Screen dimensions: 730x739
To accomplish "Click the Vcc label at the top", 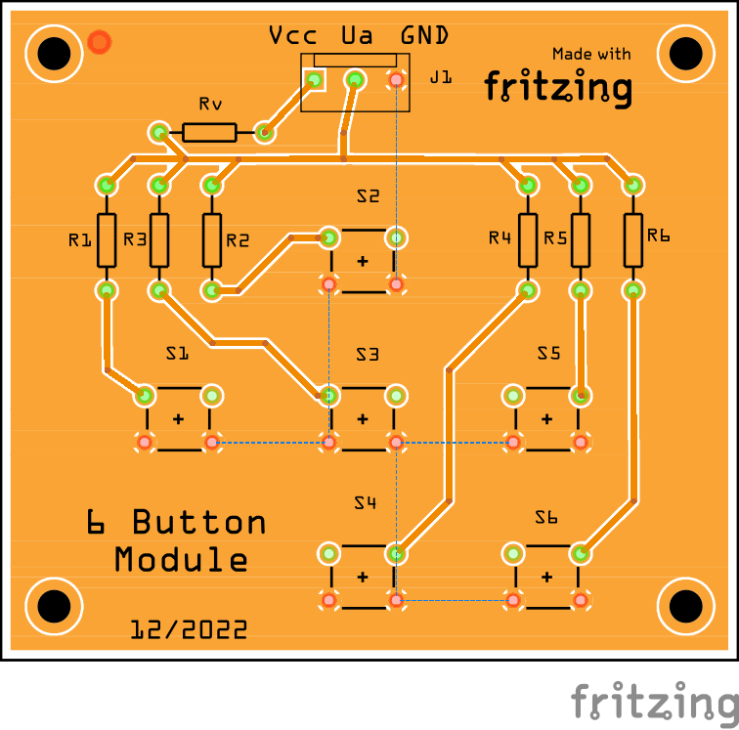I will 292,36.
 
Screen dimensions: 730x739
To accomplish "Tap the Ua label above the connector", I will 357,36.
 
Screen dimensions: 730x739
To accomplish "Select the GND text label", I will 424,36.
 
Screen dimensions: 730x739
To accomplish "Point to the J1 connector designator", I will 441,77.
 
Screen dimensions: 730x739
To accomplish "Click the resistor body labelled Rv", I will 208,132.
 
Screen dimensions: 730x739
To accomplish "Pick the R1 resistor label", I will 80,239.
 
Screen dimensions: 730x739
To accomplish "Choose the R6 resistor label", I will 658,236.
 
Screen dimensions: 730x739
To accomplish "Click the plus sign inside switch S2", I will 363,261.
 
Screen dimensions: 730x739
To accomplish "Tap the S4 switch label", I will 365,504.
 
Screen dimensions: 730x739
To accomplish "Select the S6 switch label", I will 546,518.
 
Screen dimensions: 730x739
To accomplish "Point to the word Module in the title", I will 181,560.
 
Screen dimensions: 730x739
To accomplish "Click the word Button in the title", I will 199,523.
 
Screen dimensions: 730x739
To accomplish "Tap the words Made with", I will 591,55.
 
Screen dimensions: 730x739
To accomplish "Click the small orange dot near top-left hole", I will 99,42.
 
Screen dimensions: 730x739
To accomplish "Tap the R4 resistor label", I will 500,237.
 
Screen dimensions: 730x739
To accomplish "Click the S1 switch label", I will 177,354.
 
